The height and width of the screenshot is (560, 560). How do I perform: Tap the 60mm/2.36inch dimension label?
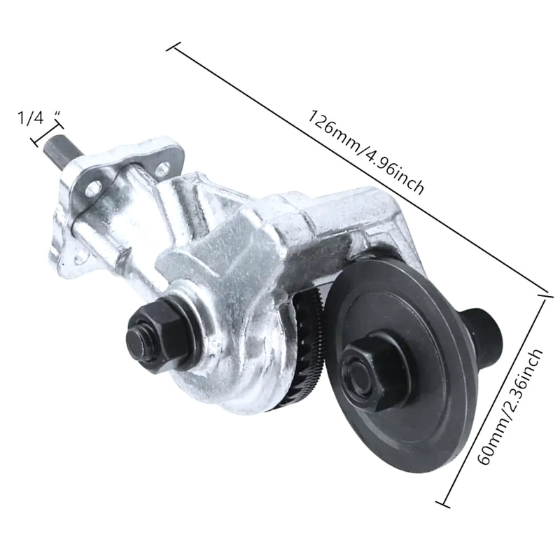coord(511,407)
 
